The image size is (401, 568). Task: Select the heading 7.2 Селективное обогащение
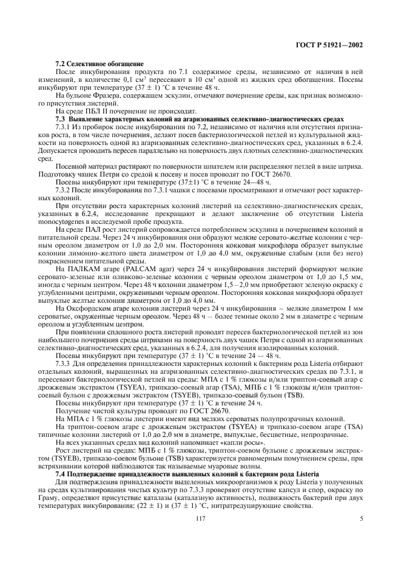pyautogui.click(x=99, y=63)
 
